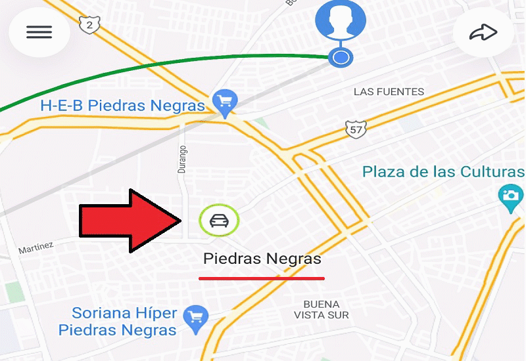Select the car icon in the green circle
(x=219, y=221)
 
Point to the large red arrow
(x=130, y=221)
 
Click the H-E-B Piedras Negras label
(x=123, y=106)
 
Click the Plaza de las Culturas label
(x=443, y=172)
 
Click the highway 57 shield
(x=355, y=129)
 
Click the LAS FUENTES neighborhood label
(x=389, y=91)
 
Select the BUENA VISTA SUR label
(x=322, y=310)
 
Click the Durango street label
(x=182, y=159)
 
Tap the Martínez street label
(x=36, y=249)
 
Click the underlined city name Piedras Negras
(x=262, y=259)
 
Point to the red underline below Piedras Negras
(x=262, y=278)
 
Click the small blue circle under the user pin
(x=341, y=58)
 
